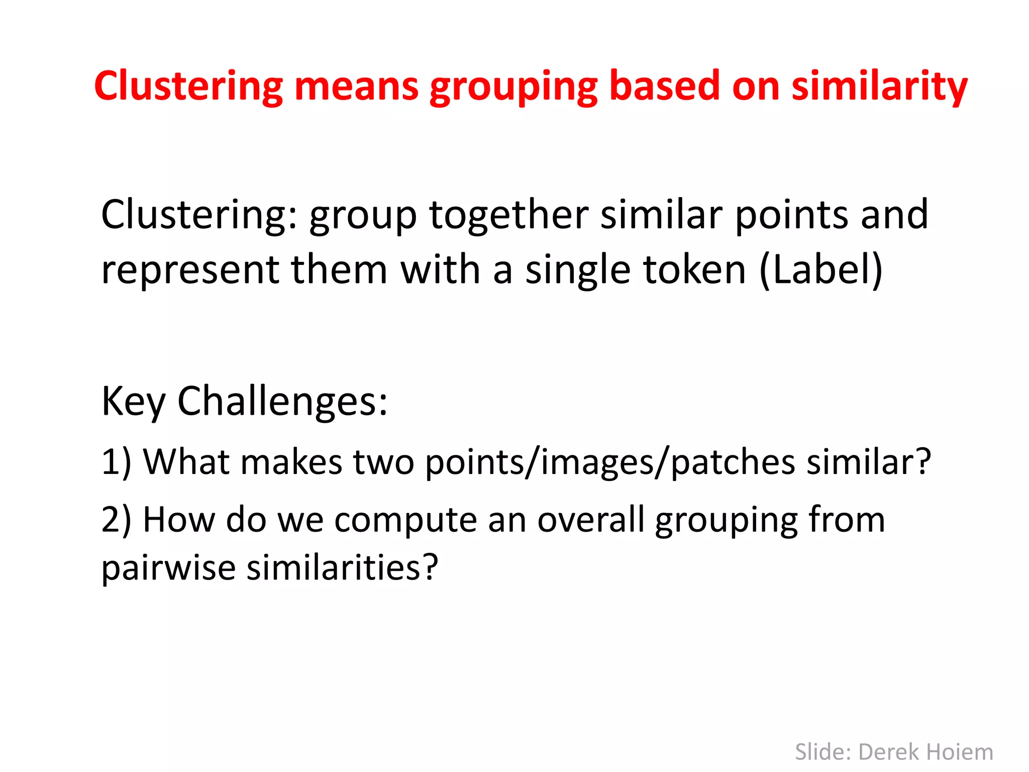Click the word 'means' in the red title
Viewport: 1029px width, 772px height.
(356, 86)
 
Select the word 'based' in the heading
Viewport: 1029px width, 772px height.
(664, 86)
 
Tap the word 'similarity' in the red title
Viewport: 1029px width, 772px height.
(879, 86)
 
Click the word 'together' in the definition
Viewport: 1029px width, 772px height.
(508, 215)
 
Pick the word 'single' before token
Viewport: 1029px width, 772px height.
(578, 270)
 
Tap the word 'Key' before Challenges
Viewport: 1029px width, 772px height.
(133, 402)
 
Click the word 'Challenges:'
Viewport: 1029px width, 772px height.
(283, 402)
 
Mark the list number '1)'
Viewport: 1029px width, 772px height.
(116, 462)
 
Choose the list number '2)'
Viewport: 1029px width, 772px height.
(116, 520)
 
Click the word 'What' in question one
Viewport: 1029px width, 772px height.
(186, 462)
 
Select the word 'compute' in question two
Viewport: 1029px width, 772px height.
(405, 521)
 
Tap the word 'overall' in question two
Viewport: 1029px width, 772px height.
(591, 520)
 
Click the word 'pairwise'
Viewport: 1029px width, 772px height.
(168, 568)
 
